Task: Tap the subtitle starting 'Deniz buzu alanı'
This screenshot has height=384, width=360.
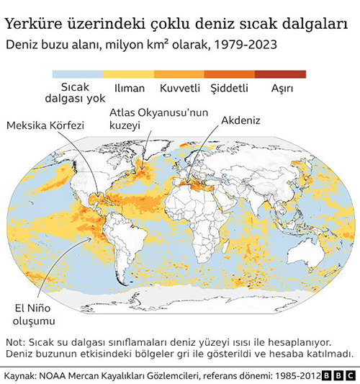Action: pyautogui.click(x=141, y=45)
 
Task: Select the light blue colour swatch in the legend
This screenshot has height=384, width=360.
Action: pyautogui.click(x=78, y=73)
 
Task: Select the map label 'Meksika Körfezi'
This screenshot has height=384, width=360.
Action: pyautogui.click(x=45, y=125)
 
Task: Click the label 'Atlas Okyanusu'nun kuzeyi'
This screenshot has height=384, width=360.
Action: pyautogui.click(x=158, y=119)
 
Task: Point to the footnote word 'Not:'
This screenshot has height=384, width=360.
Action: pyautogui.click(x=16, y=341)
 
